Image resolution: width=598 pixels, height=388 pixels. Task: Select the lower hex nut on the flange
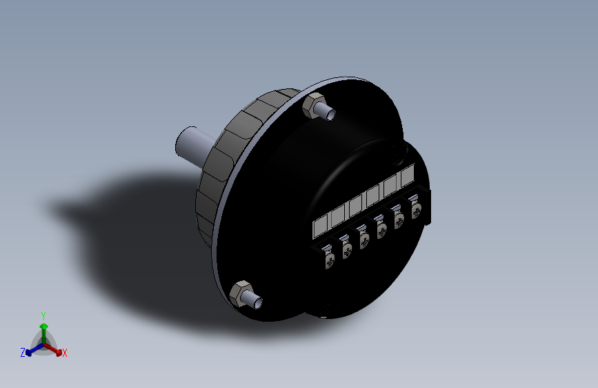coord(241,294)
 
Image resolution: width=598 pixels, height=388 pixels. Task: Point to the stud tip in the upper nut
coord(330,114)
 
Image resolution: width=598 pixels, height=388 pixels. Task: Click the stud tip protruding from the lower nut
coord(257,302)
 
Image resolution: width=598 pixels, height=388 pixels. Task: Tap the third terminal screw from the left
coord(363,240)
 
